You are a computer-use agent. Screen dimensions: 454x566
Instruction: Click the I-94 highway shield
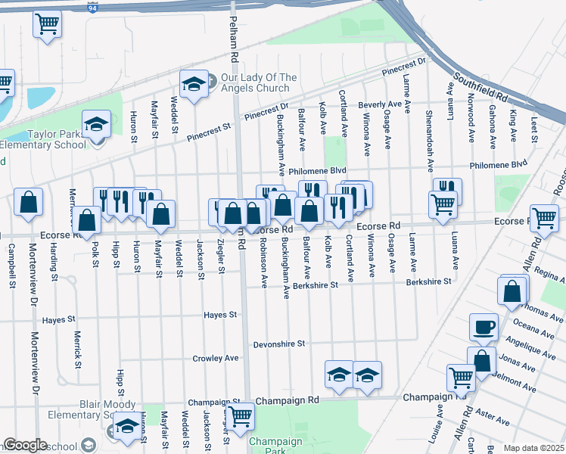pos(92,9)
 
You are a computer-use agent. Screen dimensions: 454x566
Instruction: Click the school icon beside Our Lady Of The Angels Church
pos(194,85)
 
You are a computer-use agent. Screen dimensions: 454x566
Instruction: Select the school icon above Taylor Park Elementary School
pos(96,124)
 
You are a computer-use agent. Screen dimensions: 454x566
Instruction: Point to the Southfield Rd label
pos(480,87)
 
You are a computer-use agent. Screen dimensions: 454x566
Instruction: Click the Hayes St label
pos(222,314)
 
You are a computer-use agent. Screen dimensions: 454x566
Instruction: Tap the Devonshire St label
pos(278,344)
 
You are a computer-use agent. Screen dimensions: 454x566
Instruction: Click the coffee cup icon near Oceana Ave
pos(483,328)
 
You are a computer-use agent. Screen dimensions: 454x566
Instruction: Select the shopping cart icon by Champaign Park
pos(240,415)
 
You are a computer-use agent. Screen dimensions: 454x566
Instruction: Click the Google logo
pos(25,445)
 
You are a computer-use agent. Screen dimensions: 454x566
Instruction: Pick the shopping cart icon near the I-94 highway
pos(47,23)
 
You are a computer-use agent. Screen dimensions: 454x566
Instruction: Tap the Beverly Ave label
pos(380,104)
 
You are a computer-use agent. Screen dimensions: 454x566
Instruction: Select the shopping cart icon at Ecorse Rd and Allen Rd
pos(544,219)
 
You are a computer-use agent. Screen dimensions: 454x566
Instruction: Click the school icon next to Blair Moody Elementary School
pos(128,429)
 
